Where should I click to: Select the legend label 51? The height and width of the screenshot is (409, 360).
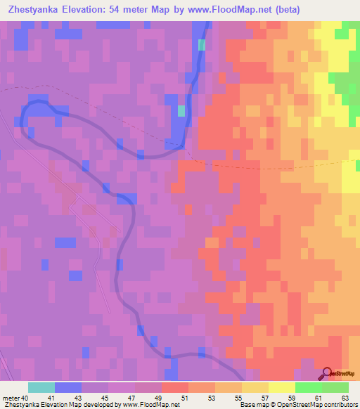(x=185, y=398)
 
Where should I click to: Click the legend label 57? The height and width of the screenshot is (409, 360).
(x=264, y=398)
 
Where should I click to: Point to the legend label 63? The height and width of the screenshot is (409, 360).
(x=344, y=398)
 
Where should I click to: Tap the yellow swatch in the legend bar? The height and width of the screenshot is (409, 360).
(x=281, y=387)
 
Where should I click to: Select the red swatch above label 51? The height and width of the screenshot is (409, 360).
(x=174, y=387)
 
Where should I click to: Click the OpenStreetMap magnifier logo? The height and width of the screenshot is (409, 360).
(x=328, y=373)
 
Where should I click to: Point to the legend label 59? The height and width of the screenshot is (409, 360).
(x=291, y=398)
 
